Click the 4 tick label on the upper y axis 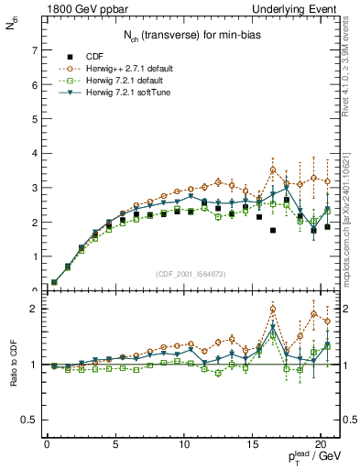(x=32, y=154)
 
